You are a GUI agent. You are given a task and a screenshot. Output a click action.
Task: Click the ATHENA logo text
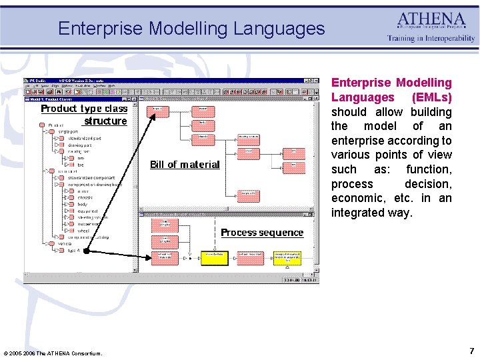(x=432, y=20)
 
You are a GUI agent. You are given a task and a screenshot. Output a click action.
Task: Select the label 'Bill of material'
(x=185, y=165)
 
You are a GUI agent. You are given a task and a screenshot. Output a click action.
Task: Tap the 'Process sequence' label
(x=261, y=233)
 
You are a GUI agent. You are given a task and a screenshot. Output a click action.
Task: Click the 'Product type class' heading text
(x=84, y=109)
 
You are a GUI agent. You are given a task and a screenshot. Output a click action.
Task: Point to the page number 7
(x=471, y=351)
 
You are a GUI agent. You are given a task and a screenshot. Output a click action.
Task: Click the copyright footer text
(x=53, y=353)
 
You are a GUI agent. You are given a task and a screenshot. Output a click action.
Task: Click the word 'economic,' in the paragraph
(x=358, y=198)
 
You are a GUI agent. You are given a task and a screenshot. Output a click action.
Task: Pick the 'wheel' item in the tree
(x=83, y=231)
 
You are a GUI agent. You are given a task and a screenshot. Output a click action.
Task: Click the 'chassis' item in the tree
(x=85, y=197)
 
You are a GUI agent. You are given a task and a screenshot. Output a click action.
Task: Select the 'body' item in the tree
(x=82, y=205)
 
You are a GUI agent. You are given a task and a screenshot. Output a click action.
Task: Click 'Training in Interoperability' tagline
(x=431, y=39)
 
